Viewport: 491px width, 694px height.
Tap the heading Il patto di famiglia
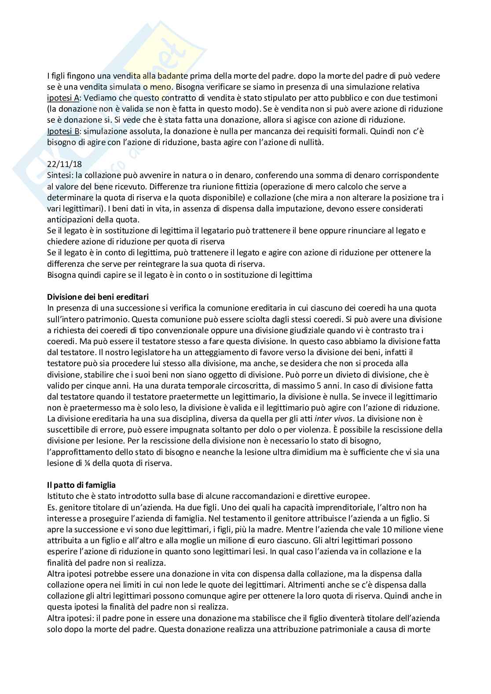pos(81,485)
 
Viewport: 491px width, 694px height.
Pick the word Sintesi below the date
pos(59,175)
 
